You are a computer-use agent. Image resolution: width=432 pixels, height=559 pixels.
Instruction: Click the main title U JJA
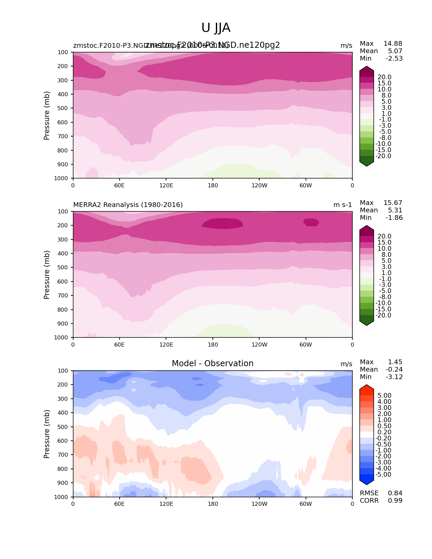tap(216, 28)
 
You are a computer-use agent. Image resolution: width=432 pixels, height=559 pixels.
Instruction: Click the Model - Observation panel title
tap(212, 364)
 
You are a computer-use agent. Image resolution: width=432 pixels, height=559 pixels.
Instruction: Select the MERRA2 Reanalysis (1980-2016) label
tap(128, 205)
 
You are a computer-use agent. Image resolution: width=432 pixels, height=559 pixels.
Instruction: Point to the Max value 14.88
tap(393, 43)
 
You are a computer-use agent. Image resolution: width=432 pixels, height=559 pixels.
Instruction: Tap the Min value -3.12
tap(394, 377)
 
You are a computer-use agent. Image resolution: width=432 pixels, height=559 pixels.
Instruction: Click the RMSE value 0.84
tap(395, 493)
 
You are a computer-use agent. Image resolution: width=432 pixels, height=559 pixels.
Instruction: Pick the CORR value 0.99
tap(395, 500)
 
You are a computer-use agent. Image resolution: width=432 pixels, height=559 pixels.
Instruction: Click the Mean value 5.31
tap(395, 210)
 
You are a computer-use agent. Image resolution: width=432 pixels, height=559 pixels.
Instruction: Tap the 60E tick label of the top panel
tap(119, 185)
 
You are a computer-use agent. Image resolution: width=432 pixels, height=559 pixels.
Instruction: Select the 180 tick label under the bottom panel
tap(213, 504)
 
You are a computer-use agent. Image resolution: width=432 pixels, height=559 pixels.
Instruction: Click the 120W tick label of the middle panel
tap(259, 345)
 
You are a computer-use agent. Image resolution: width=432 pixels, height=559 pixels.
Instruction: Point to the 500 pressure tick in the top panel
tap(63, 108)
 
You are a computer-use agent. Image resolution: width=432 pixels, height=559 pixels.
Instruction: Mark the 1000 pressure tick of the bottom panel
tap(62, 497)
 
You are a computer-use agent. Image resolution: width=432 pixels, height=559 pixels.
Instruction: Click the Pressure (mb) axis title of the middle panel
tap(47, 275)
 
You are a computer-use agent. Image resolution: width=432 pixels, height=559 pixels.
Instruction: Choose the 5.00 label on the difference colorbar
tap(384, 395)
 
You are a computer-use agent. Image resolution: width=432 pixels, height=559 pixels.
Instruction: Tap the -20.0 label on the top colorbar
tap(383, 156)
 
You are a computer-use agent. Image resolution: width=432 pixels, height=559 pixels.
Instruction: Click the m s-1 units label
tap(343, 205)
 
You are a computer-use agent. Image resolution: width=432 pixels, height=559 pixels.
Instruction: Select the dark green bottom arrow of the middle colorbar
tap(367, 323)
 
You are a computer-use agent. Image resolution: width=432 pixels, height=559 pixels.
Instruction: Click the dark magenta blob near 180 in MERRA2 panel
tap(222, 223)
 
